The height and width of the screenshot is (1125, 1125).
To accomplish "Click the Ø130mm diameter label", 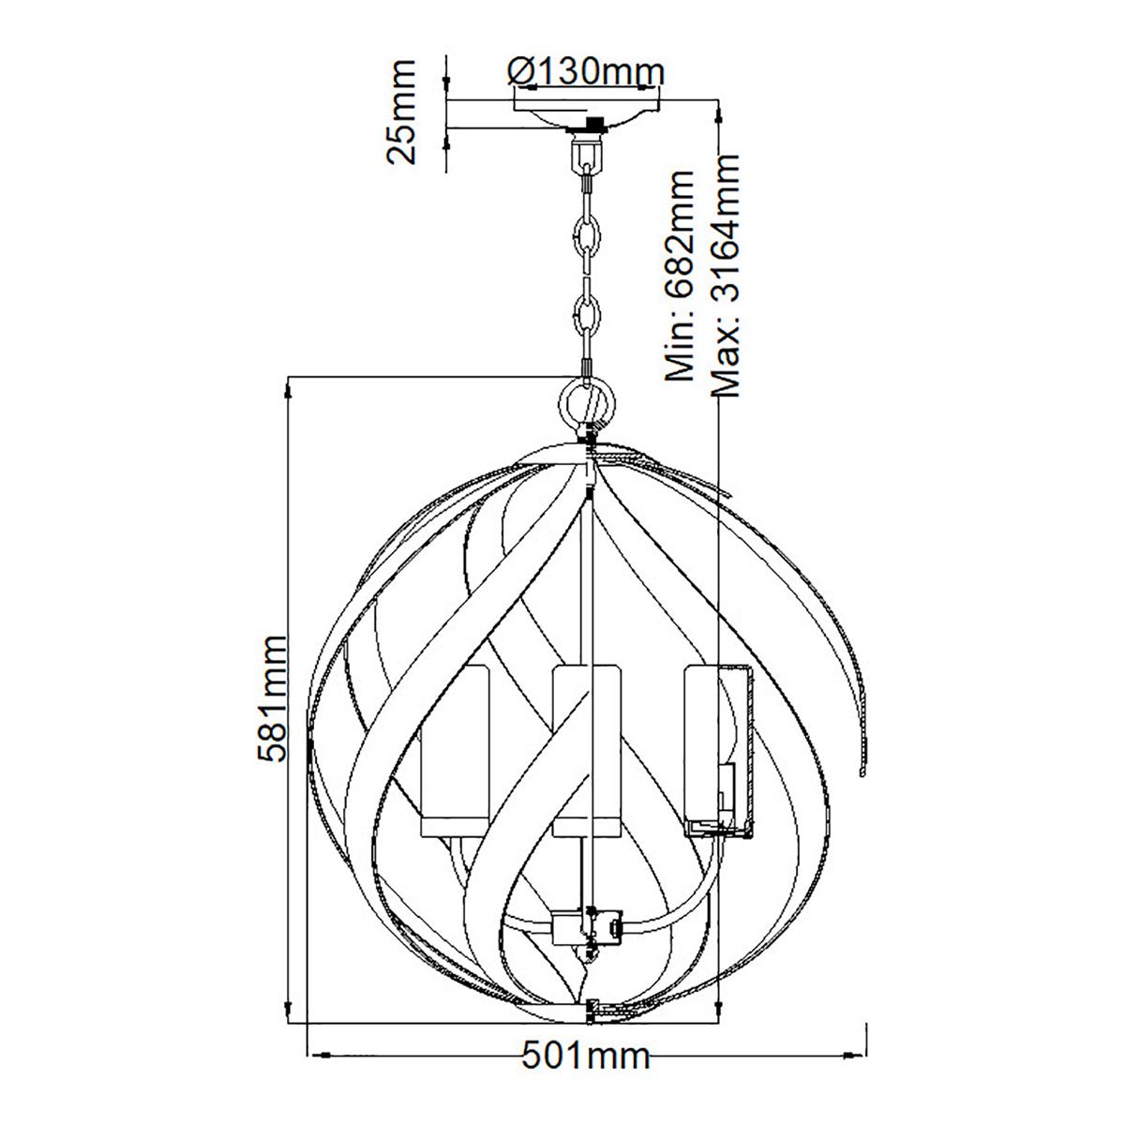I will pyautogui.click(x=585, y=71).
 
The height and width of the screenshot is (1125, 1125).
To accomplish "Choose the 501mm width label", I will pyautogui.click(x=585, y=1056).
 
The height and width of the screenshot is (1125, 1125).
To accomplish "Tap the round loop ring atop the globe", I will pyautogui.click(x=588, y=404).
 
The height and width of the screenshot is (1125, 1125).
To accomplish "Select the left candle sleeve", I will pyautogui.click(x=456, y=741).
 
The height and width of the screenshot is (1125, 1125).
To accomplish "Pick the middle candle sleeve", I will pyautogui.click(x=586, y=741).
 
